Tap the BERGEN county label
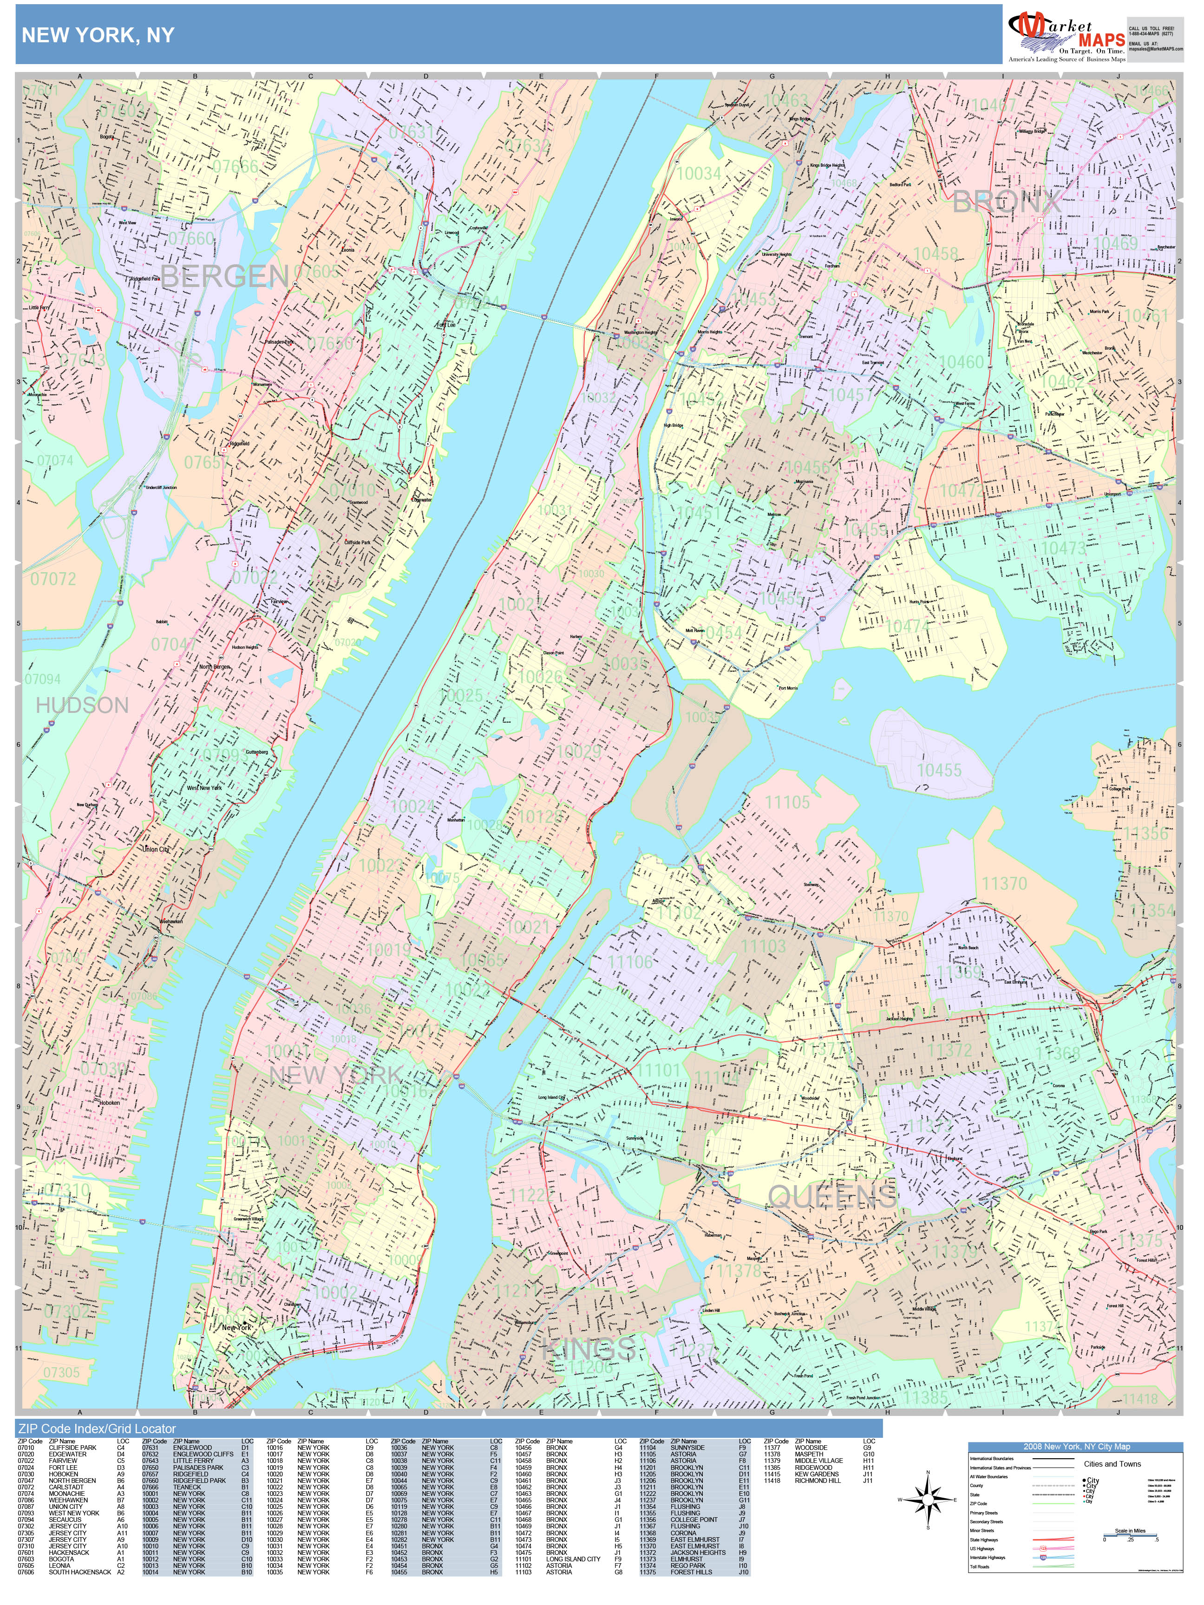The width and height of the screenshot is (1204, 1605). (224, 276)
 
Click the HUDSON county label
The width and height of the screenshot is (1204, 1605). (82, 705)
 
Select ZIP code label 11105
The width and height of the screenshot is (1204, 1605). (787, 802)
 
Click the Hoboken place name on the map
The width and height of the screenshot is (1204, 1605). (110, 1102)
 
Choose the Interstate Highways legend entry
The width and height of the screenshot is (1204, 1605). (987, 1557)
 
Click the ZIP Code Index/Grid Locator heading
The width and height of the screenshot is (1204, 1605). (97, 1429)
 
